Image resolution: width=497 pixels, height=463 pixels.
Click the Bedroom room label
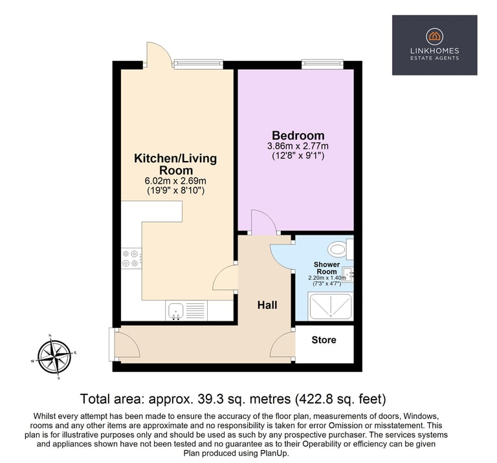pyautogui.click(x=298, y=136)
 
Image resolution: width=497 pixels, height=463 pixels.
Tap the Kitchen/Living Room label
pyautogui.click(x=175, y=164)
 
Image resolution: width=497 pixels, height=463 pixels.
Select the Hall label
pyautogui.click(x=267, y=305)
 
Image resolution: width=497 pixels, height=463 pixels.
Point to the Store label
pyautogui.click(x=324, y=339)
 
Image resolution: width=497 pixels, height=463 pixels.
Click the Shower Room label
pyautogui.click(x=327, y=268)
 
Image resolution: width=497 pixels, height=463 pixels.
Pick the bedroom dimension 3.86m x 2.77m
pyautogui.click(x=298, y=146)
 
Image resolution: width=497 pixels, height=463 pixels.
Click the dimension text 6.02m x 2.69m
pyautogui.click(x=175, y=181)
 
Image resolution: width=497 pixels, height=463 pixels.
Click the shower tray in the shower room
pyautogui.click(x=331, y=307)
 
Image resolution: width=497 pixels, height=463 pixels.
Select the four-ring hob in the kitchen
pyautogui.click(x=131, y=258)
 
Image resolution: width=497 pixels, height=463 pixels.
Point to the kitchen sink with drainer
pyautogui.click(x=186, y=310)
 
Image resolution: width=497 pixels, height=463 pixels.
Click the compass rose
pyautogui.click(x=54, y=357)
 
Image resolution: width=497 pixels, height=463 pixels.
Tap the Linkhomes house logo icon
pyautogui.click(x=435, y=36)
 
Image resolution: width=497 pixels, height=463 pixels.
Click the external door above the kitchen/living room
pyautogui.click(x=159, y=52)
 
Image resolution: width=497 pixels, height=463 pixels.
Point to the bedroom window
pyautogui.click(x=322, y=64)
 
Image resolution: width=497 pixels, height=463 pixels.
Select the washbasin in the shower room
pyautogui.click(x=349, y=274)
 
